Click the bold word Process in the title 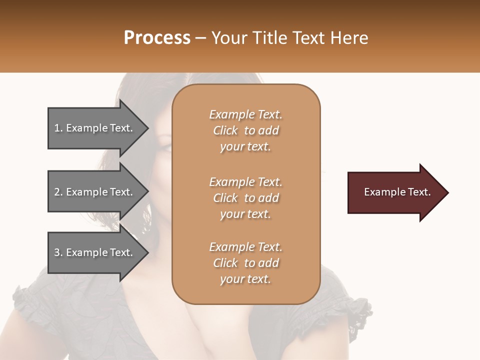[x=157, y=37]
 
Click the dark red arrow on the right [x=395, y=192]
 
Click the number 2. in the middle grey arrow [x=58, y=192]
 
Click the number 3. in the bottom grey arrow [x=58, y=252]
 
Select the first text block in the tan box [x=245, y=130]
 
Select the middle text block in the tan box [x=245, y=198]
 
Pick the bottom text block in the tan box [x=245, y=263]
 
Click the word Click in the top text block [x=225, y=130]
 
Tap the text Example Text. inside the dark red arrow [x=397, y=192]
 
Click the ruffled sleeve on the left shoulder [x=30, y=300]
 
